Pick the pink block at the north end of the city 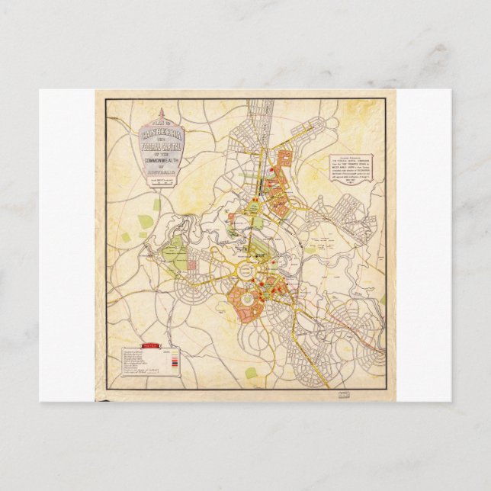point(286,159)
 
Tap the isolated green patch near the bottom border point(251,373)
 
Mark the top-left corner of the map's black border point(106,99)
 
